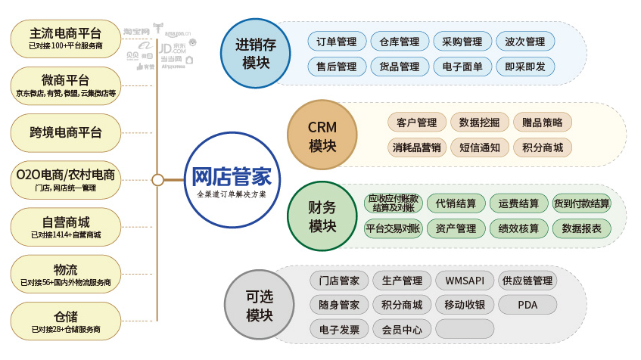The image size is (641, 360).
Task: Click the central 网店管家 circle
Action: (x=232, y=180)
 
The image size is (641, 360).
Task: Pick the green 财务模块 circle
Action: (x=322, y=216)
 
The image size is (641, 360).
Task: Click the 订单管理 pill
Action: (x=337, y=42)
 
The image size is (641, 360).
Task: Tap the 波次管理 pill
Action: (x=525, y=42)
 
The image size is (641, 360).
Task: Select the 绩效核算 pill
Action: (x=518, y=228)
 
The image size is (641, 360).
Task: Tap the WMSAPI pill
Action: (x=465, y=281)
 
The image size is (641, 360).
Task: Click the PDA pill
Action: (x=527, y=305)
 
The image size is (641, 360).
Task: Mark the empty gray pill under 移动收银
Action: (x=465, y=329)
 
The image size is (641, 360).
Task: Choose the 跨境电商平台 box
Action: (x=66, y=132)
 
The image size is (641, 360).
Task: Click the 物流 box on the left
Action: (x=66, y=274)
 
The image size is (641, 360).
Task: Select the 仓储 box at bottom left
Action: (x=66, y=321)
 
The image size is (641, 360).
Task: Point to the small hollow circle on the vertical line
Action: (x=157, y=180)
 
